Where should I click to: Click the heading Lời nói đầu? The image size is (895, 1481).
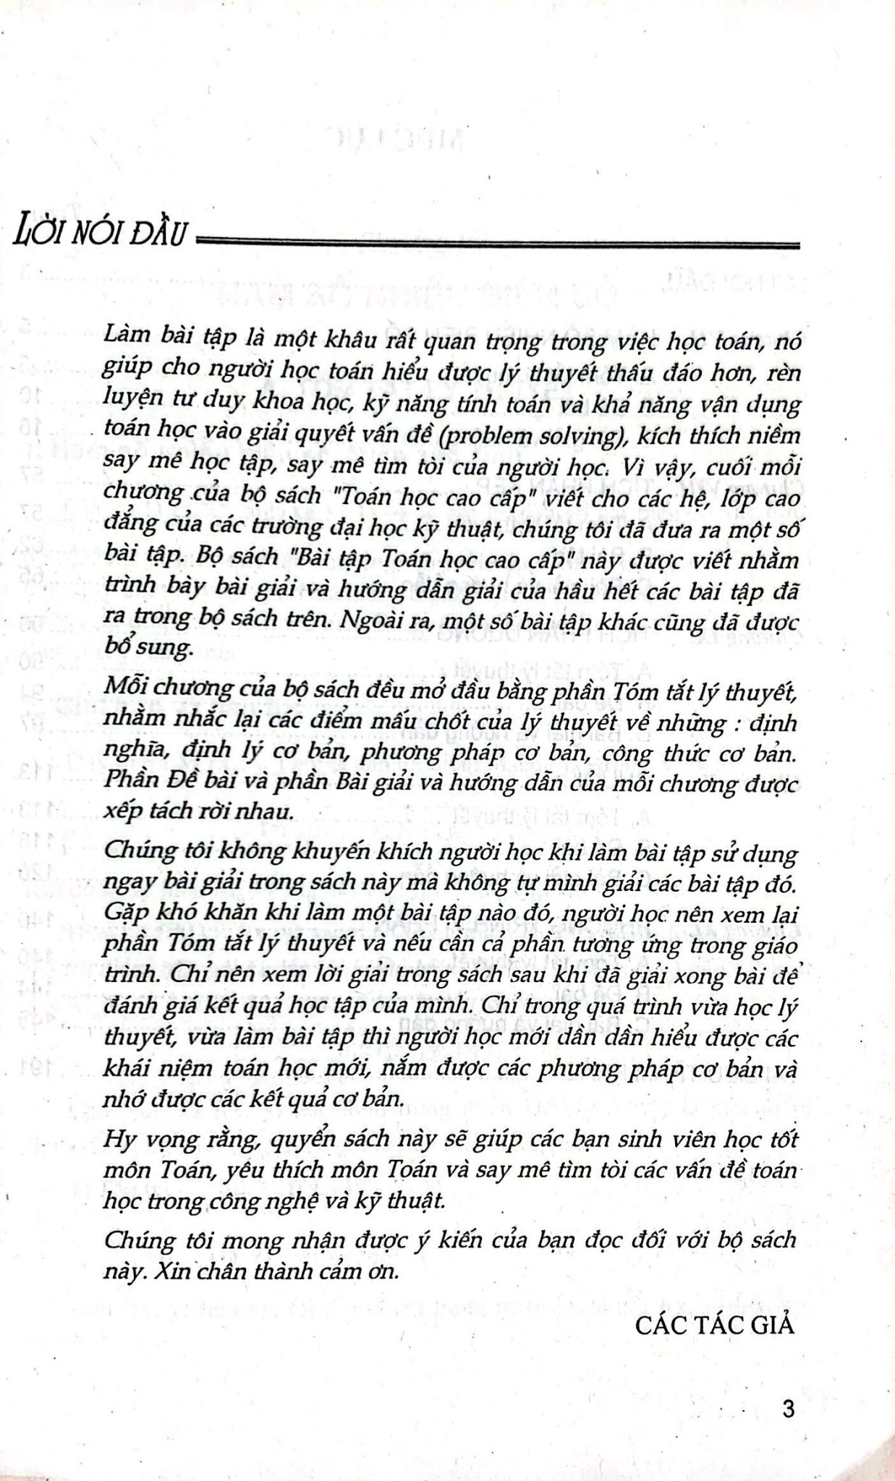[101, 234]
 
